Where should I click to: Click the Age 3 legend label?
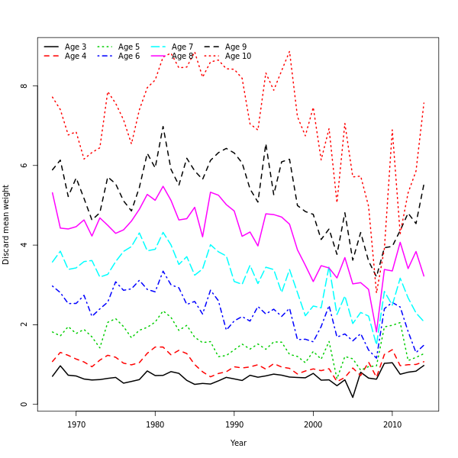[76, 47]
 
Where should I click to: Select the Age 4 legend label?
[76, 56]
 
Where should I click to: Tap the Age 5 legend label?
[129, 47]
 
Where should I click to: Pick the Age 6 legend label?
[129, 56]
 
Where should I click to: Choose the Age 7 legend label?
[182, 47]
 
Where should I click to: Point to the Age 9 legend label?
[236, 47]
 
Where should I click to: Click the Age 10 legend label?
[238, 56]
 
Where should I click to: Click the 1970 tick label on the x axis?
[76, 424]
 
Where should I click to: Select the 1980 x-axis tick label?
[155, 424]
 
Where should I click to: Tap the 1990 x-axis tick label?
[234, 424]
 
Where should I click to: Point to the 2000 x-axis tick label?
[313, 424]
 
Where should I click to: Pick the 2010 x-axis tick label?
[392, 424]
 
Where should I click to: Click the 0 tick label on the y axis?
[24, 405]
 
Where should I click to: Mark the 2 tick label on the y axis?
[24, 324]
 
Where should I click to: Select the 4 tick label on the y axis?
[24, 245]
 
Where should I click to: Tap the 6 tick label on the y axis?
[24, 166]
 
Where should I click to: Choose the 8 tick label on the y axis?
[24, 85]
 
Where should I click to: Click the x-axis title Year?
[238, 443]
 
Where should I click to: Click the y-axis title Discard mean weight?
[7, 224]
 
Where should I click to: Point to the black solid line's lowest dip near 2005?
[353, 397]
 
